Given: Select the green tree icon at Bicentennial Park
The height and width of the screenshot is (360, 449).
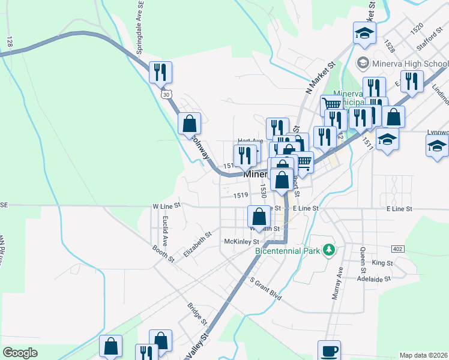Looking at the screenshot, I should pyautogui.click(x=328, y=249).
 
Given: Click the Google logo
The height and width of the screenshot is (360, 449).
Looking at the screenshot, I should pyautogui.click(x=20, y=353).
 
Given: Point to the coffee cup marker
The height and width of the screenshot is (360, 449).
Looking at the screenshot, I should pyautogui.click(x=328, y=351).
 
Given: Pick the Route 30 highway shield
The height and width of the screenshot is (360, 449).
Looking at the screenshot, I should pyautogui.click(x=165, y=94).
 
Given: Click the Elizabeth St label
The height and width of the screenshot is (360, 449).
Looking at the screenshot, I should pyautogui.click(x=197, y=245).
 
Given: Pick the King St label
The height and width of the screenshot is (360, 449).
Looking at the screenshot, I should pyautogui.click(x=382, y=263).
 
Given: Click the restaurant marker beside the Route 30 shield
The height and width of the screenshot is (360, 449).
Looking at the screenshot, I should pyautogui.click(x=160, y=73).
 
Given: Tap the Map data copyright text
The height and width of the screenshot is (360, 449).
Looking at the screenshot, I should pyautogui.click(x=424, y=355).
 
